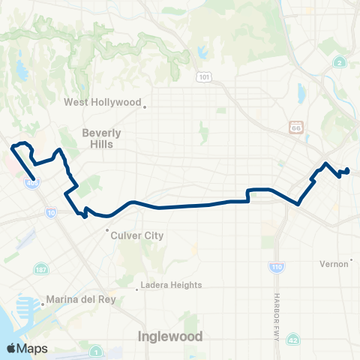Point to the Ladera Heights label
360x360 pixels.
tap(172, 285)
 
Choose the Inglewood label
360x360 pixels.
tap(170, 337)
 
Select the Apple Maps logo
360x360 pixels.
tap(27, 349)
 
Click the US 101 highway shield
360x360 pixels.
tap(204, 77)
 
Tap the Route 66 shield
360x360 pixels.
tap(296, 128)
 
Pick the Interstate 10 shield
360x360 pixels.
tap(50, 214)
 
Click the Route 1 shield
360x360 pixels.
tap(96, 352)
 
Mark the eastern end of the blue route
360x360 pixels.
tap(348, 170)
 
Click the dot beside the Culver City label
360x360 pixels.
tap(107, 230)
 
